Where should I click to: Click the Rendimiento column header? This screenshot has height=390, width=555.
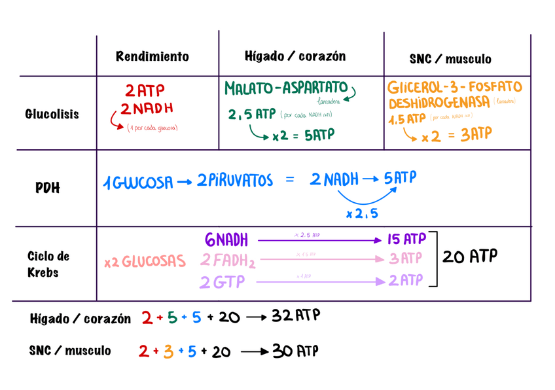152,56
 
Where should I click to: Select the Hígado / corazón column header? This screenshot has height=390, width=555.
295,56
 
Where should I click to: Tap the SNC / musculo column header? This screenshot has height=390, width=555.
450,59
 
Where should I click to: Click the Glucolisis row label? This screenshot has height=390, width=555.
52,114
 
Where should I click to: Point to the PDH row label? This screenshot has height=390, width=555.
47,188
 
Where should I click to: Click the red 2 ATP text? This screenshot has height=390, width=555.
145,90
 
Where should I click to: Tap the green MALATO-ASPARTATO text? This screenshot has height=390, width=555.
286,88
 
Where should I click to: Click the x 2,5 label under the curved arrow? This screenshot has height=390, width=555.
362,213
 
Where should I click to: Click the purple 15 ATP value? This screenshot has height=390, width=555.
407,239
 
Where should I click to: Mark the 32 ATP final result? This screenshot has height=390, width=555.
296,317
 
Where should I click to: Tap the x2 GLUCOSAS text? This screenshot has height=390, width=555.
145,262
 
